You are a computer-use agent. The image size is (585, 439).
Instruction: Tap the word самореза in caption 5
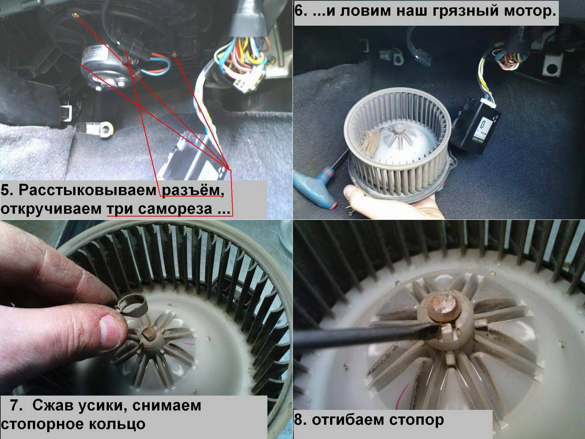point(175,209)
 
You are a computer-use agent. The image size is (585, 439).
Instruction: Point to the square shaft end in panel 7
point(148,333)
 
